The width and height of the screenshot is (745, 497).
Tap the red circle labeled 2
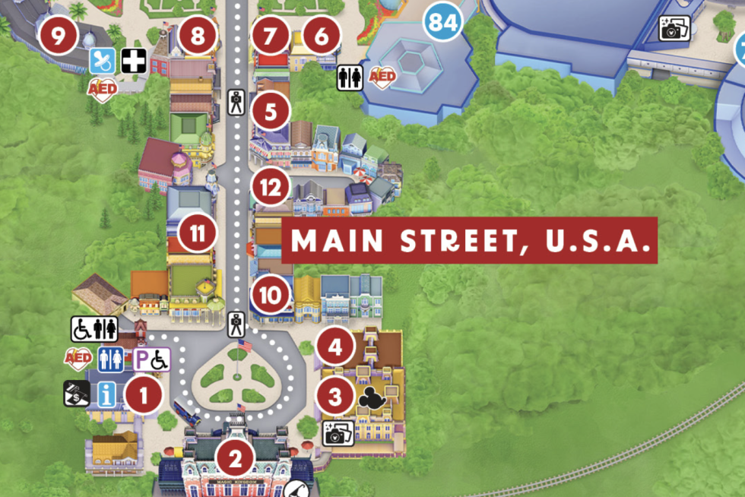[x=235, y=457]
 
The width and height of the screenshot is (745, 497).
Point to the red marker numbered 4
[x=335, y=348]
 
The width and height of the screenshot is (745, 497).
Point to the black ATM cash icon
[x=77, y=393]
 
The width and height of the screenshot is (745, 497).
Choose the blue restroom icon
[x=110, y=359]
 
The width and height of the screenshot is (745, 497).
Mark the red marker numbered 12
[x=271, y=188]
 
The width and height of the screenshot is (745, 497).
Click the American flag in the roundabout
[x=243, y=347]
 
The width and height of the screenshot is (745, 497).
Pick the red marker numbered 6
[x=322, y=35]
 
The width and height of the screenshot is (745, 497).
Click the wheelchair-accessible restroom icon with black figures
[x=95, y=328]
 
